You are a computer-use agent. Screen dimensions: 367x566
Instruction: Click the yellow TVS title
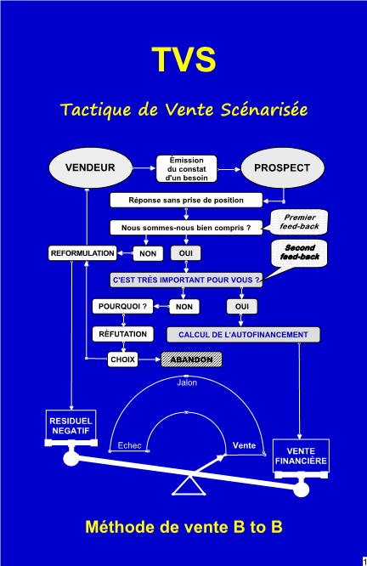pos(183,59)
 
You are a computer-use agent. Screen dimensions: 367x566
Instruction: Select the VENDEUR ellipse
pos(91,168)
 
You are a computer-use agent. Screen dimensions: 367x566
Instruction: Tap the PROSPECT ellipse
pos(283,168)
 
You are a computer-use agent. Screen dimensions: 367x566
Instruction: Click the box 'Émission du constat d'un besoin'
pos(187,169)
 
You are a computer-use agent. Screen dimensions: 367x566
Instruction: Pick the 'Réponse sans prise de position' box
pos(186,201)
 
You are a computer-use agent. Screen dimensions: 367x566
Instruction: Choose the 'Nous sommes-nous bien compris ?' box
pos(186,228)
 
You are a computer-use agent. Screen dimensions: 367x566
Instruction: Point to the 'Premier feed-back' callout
pos(298,222)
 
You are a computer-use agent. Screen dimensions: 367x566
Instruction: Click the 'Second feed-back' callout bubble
pos(299,254)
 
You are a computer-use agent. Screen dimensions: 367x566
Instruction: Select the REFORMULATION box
pos(82,253)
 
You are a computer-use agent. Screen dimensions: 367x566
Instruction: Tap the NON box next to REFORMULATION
pos(148,253)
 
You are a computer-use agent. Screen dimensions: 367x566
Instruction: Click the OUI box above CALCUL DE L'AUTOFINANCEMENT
pos(242,307)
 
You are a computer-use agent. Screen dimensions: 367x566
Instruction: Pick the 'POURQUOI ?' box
pos(122,307)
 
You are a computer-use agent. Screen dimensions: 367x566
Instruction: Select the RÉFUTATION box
pos(122,334)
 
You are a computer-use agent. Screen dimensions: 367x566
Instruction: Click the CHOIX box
pos(122,359)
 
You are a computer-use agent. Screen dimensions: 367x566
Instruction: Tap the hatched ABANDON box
pos(191,359)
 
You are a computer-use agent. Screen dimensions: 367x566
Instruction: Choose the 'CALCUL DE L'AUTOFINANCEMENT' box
pos(243,335)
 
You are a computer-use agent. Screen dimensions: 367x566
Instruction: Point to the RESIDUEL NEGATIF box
pos(71,426)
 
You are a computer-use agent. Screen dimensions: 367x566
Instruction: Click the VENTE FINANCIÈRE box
pos(301,456)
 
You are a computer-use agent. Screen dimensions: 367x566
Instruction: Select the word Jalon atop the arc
pos(187,382)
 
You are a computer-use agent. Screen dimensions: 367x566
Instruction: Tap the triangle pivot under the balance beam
pos(189,485)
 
